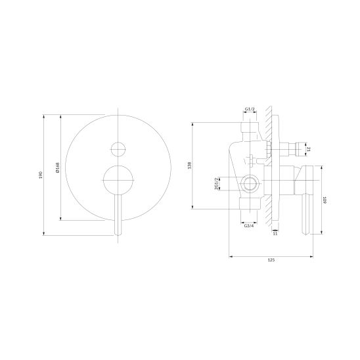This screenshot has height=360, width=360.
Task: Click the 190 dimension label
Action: click(41, 175)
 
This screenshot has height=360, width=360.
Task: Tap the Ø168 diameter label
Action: click(58, 168)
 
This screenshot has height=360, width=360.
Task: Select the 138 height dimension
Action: click(189, 166)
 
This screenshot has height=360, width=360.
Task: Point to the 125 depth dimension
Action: click(271, 260)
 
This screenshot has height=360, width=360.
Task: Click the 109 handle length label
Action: click(325, 200)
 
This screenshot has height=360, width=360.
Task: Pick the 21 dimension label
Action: click(309, 149)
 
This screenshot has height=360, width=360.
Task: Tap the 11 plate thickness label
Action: click(275, 233)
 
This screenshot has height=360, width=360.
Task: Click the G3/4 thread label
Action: click(249, 226)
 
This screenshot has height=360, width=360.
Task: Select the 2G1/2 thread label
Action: click(216, 184)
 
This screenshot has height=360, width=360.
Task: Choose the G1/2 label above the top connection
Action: click(250, 109)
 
